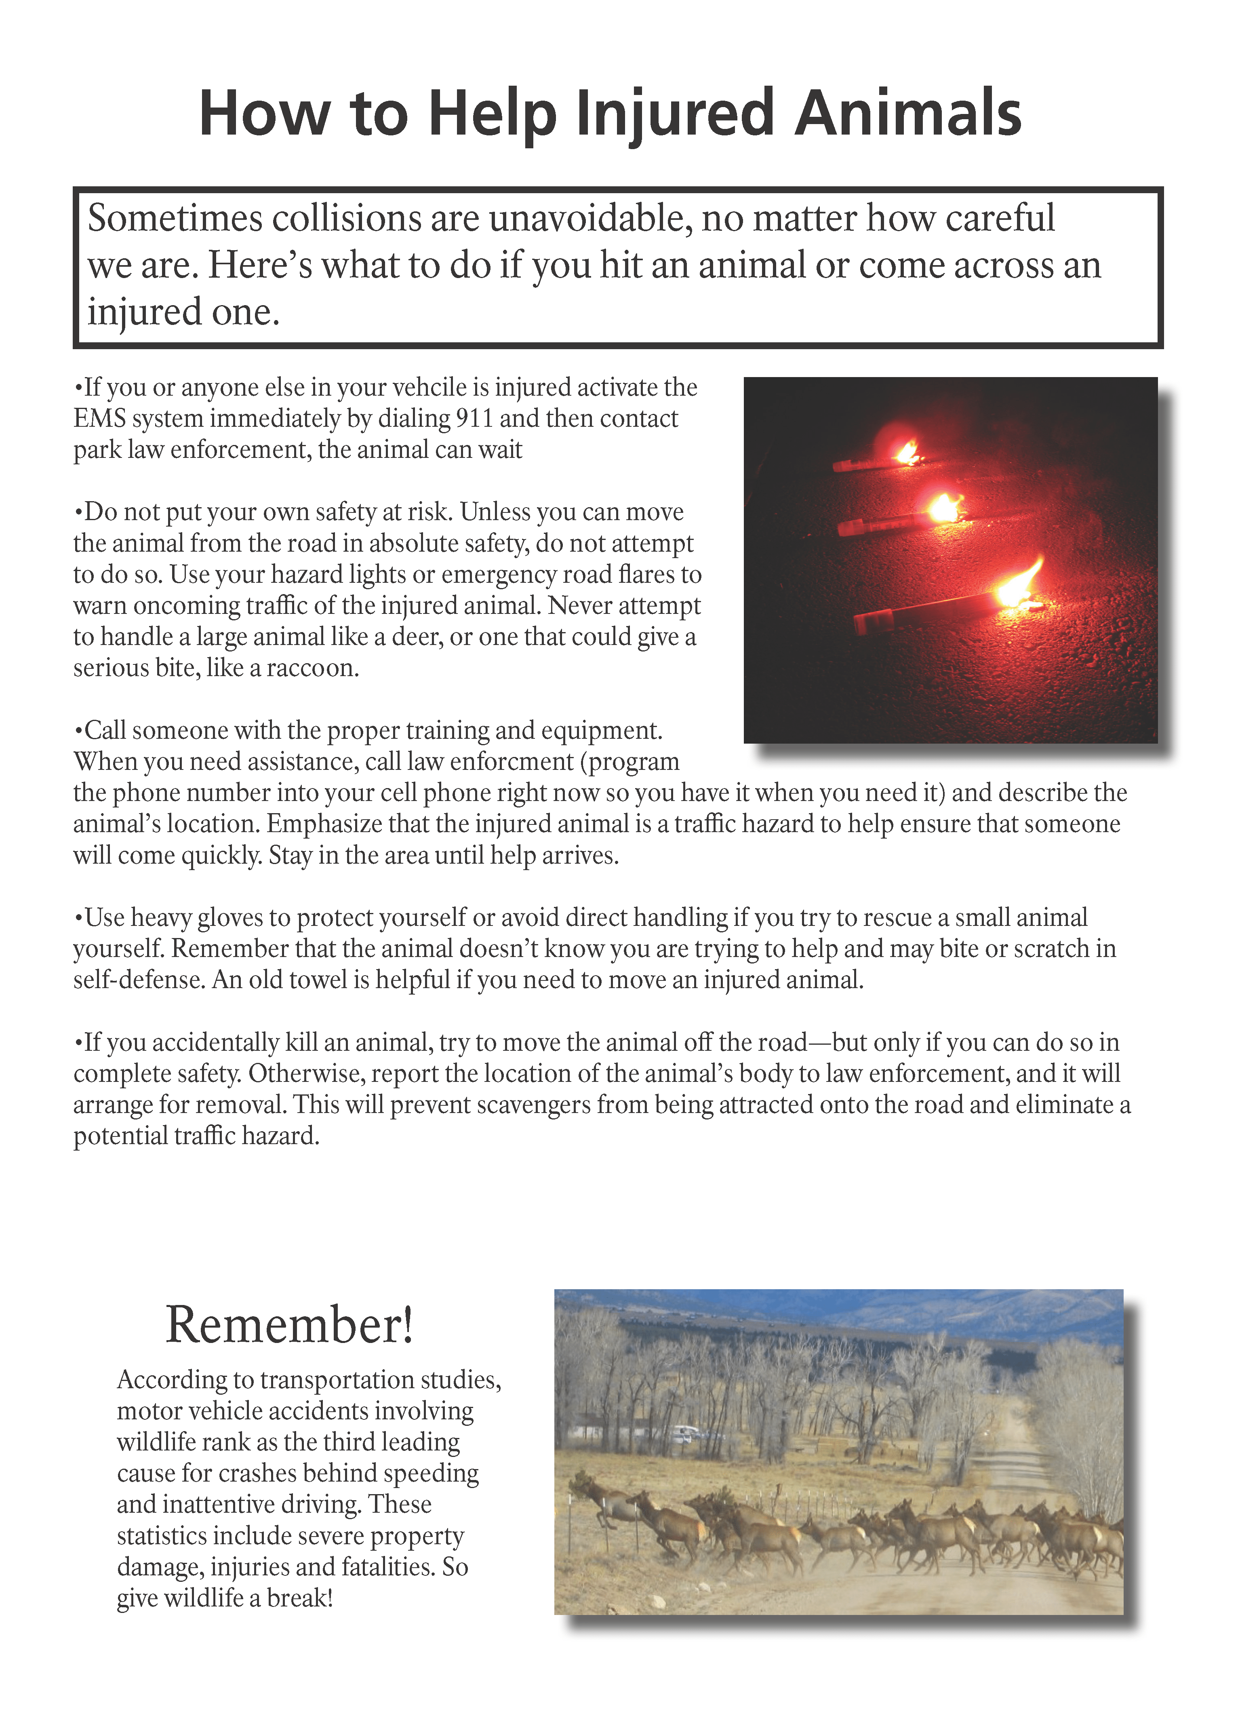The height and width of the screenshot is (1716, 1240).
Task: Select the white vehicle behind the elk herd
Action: tap(685, 1432)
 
